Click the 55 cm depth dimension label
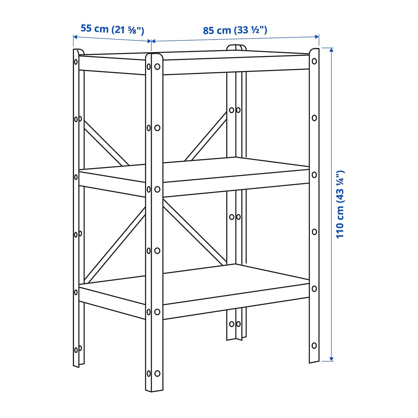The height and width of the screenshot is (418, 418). click(112, 29)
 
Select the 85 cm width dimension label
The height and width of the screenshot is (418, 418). click(235, 30)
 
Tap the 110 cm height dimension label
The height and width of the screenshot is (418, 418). click(340, 204)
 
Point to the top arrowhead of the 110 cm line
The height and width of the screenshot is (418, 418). click(331, 50)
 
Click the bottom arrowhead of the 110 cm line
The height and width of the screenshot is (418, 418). click(331, 359)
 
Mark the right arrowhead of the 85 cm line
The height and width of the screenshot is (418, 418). click(317, 37)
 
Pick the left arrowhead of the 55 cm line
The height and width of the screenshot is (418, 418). click(75, 37)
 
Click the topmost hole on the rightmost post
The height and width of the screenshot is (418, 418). click(314, 61)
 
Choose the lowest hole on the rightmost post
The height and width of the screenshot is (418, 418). click(314, 345)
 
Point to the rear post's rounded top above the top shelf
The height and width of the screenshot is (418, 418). click(236, 47)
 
